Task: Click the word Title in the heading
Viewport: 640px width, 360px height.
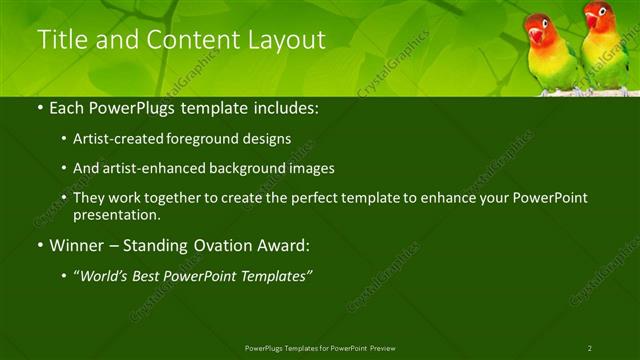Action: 59,40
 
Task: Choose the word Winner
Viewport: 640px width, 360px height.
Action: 77,244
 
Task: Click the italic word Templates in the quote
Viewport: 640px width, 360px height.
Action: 274,276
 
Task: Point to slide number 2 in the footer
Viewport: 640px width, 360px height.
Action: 589,348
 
